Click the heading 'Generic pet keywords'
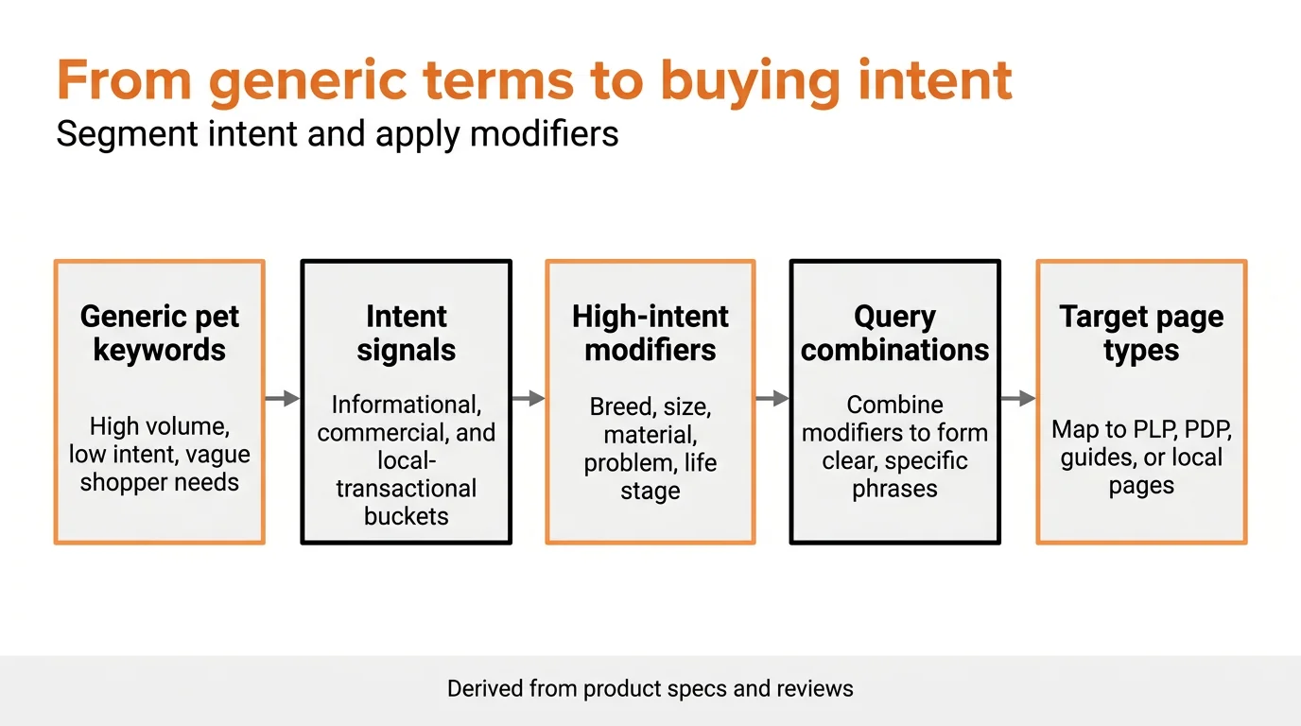click(x=159, y=333)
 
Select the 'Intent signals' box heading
click(x=406, y=333)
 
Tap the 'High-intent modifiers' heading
click(x=650, y=333)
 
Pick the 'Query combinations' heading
click(x=894, y=333)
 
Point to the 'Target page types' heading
click(x=1141, y=333)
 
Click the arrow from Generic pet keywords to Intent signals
click(x=283, y=399)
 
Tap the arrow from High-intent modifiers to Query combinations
click(x=772, y=399)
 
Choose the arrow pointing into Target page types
click(x=1018, y=399)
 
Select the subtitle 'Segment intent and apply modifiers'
click(x=337, y=133)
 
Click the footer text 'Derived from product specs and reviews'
click(x=650, y=688)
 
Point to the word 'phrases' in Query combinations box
click(x=894, y=489)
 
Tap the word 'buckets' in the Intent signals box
click(x=406, y=516)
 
